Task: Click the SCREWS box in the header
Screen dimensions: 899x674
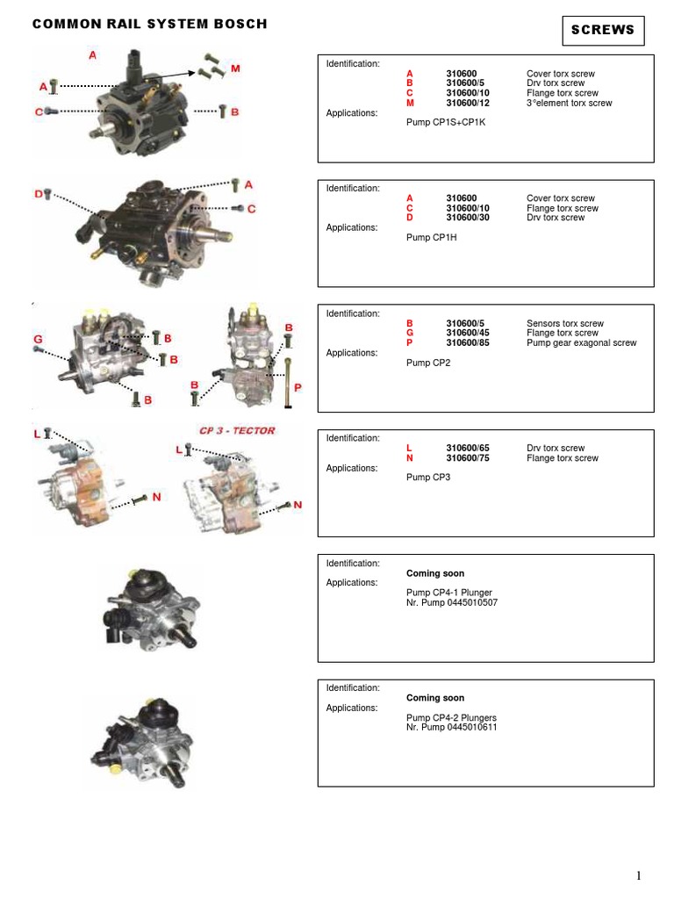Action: coord(603,30)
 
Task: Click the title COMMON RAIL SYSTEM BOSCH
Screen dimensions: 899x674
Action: coord(150,25)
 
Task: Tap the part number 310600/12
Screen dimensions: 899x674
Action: coord(468,103)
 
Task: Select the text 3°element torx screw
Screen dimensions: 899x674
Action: coord(569,103)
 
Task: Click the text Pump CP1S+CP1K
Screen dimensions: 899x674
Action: coord(446,123)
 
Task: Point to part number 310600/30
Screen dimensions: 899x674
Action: coord(468,218)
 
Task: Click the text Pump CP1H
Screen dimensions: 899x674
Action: coord(431,238)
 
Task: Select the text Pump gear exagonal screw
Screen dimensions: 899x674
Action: coord(581,343)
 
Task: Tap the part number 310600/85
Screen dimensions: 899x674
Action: coord(468,343)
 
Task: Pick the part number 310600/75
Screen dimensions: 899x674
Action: coord(468,458)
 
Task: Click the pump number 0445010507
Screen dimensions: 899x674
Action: coord(468,603)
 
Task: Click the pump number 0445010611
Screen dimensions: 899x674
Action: coord(468,728)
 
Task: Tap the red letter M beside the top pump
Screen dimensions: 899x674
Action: coord(235,68)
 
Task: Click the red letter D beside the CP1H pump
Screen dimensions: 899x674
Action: coord(39,193)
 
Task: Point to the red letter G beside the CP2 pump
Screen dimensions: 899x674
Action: coord(39,339)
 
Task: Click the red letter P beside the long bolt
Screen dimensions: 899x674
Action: coord(297,387)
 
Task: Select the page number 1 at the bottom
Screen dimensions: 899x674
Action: coord(640,875)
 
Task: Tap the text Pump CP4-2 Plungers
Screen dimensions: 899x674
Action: coord(448,718)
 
